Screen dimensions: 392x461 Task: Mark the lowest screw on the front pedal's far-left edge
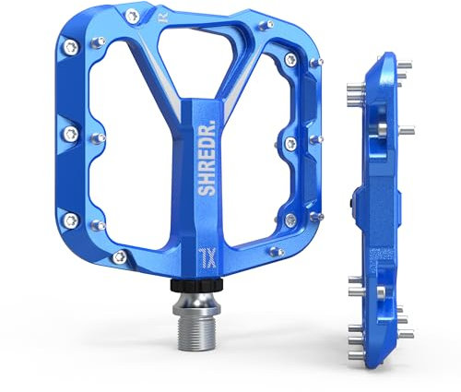(x=71, y=219)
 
